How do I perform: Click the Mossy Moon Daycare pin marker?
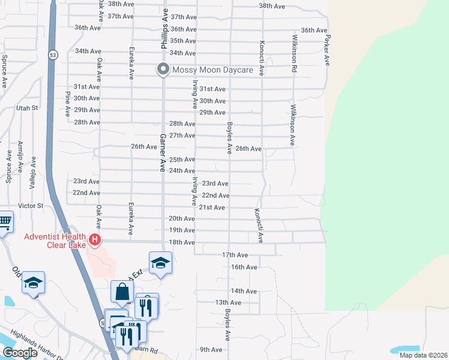pyautogui.click(x=163, y=70)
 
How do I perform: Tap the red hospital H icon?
pyautogui.click(x=94, y=241)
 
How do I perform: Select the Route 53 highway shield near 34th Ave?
pyautogui.click(x=53, y=55)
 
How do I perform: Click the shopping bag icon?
pyautogui.click(x=122, y=292)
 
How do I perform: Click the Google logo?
pyautogui.click(x=20, y=353)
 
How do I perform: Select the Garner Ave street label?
pyautogui.click(x=162, y=153)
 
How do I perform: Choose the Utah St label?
pyautogui.click(x=27, y=108)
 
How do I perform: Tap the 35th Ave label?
pyautogui.click(x=183, y=41)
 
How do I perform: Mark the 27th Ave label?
pyautogui.click(x=182, y=136)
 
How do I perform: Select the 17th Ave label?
pyautogui.click(x=235, y=255)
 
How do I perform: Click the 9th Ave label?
pyautogui.click(x=211, y=350)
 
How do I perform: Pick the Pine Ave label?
pyautogui.click(x=67, y=103)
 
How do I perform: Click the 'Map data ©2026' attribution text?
pyautogui.click(x=423, y=355)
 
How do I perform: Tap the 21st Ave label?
pyautogui.click(x=212, y=208)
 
